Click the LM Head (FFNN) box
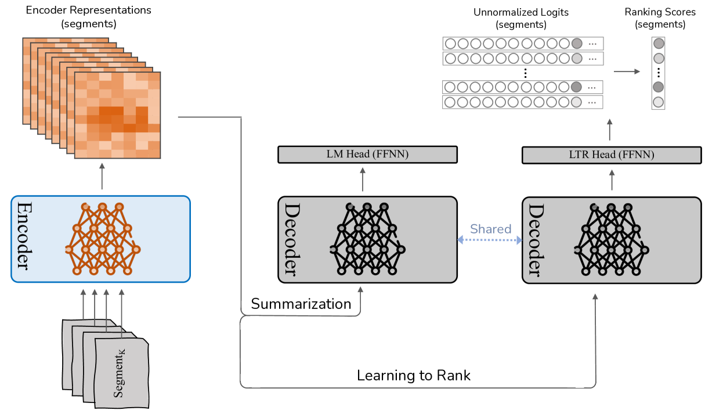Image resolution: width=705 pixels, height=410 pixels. pyautogui.click(x=367, y=154)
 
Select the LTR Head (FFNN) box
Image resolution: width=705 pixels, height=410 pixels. pyautogui.click(x=612, y=155)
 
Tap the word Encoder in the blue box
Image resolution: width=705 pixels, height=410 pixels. pyautogui.click(x=24, y=236)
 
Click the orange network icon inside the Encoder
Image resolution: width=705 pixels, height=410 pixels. pyautogui.click(x=103, y=239)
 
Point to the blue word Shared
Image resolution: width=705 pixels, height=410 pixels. pyautogui.click(x=490, y=229)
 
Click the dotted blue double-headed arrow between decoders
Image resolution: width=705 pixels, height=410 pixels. pyautogui.click(x=490, y=240)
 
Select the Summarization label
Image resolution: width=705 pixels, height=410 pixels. pyautogui.click(x=301, y=304)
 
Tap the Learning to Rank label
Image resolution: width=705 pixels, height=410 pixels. pyautogui.click(x=414, y=375)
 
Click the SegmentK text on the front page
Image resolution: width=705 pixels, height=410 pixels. pyautogui.click(x=119, y=373)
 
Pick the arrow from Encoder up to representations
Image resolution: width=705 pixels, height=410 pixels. pyautogui.click(x=102, y=177)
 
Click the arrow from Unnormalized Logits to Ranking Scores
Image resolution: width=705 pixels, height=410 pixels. pyautogui.click(x=627, y=71)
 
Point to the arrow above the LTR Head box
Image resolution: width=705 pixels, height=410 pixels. pyautogui.click(x=610, y=130)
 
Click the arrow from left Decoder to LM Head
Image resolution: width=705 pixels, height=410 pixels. pyautogui.click(x=363, y=179)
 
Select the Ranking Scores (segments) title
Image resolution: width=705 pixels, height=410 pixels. pyautogui.click(x=660, y=18)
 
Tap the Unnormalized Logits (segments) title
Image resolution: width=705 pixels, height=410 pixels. pyautogui.click(x=521, y=18)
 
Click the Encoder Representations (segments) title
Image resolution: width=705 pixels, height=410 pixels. pyautogui.click(x=88, y=17)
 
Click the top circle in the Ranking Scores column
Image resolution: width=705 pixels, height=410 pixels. pyautogui.click(x=659, y=44)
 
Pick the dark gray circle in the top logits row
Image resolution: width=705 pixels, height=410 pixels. pyautogui.click(x=577, y=44)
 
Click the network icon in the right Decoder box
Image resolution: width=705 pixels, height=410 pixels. pyautogui.click(x=611, y=239)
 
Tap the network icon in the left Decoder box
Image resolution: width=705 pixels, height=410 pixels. pyautogui.click(x=367, y=239)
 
